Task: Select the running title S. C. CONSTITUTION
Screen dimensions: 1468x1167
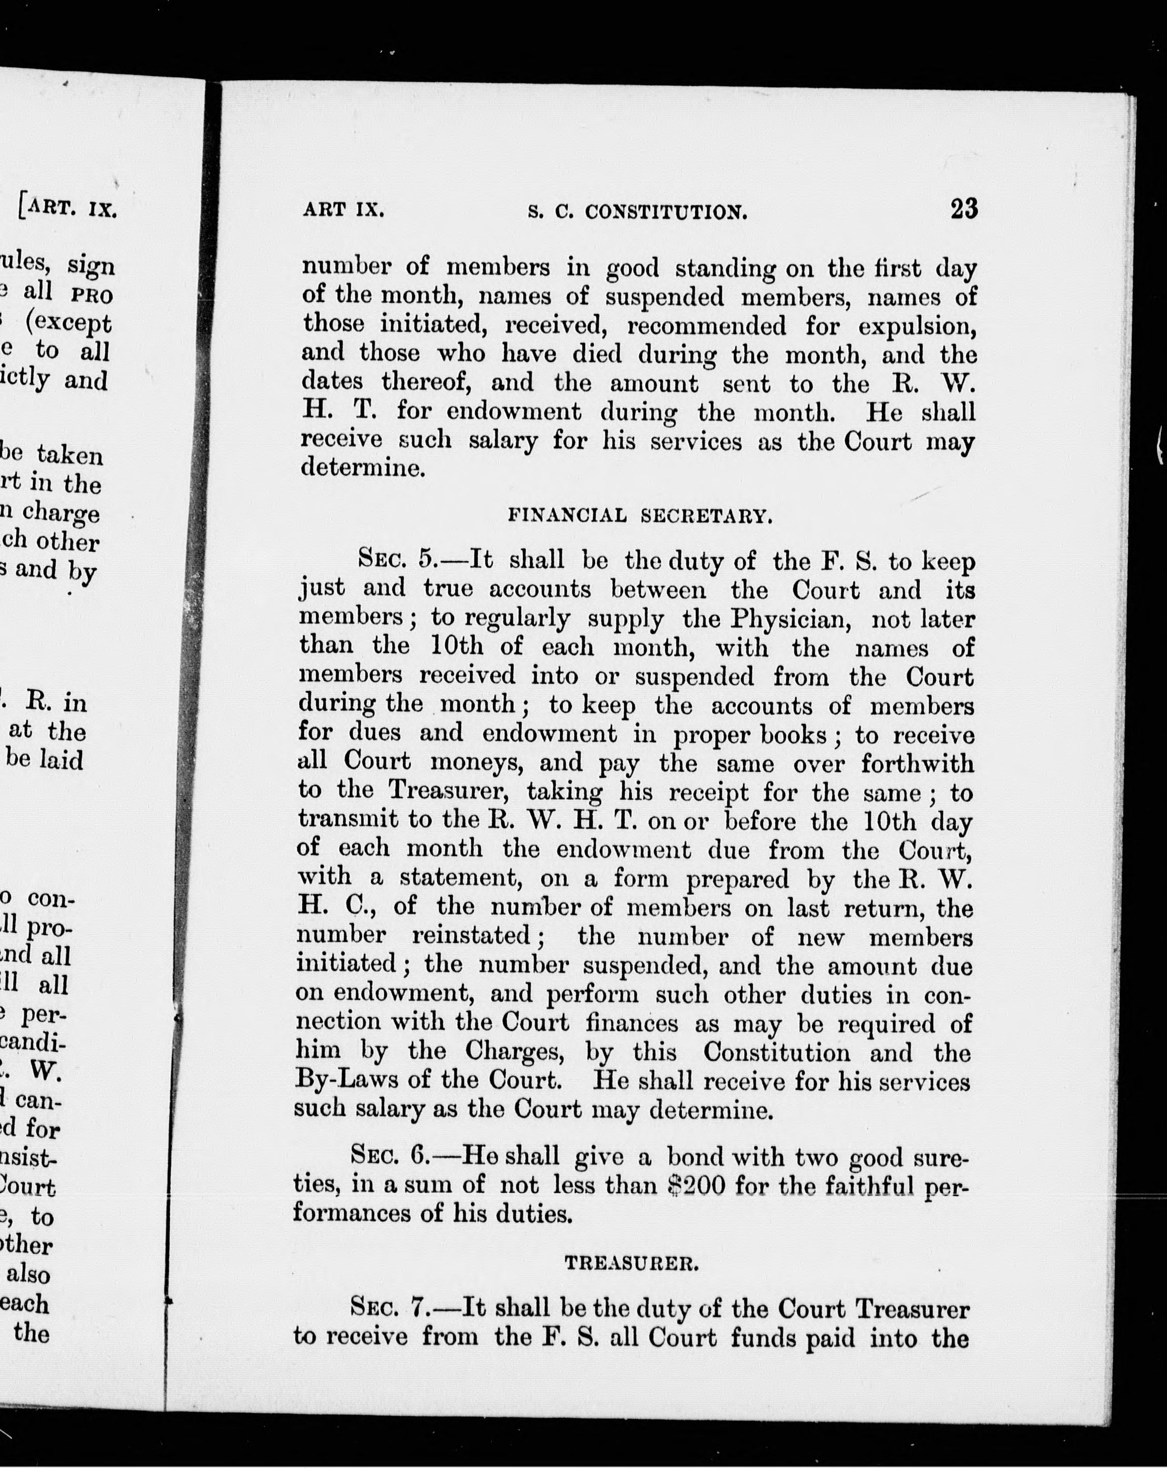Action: point(638,212)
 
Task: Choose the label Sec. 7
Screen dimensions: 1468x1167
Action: point(388,1309)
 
